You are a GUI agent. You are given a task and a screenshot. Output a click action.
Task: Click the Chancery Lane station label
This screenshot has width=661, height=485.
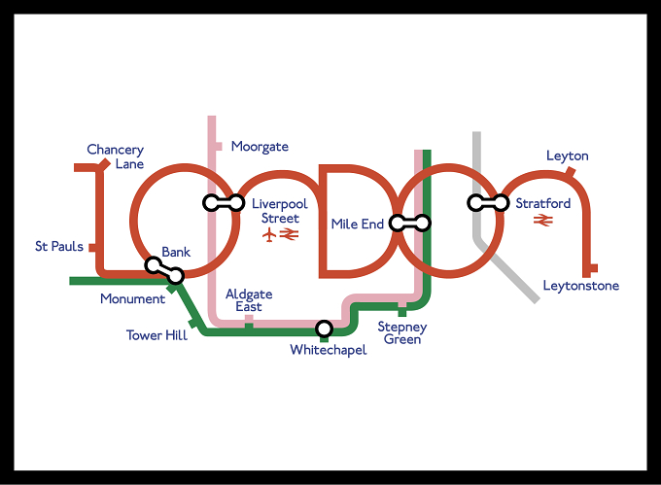[116, 156]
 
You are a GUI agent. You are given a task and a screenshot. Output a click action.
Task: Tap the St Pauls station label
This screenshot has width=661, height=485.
[59, 246]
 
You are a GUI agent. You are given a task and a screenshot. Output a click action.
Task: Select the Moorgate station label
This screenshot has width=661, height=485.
[260, 147]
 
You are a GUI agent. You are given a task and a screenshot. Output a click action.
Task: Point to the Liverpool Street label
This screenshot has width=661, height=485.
[280, 211]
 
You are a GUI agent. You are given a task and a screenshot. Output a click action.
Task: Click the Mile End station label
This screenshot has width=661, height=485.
[358, 224]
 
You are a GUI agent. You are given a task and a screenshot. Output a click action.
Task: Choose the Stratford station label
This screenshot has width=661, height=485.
[543, 203]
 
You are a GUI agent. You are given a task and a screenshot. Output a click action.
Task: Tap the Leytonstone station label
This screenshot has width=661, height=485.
[581, 286]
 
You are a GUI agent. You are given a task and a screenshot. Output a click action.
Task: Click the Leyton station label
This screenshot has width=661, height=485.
[568, 156]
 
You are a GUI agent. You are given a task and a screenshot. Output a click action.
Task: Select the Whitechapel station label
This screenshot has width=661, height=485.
[329, 350]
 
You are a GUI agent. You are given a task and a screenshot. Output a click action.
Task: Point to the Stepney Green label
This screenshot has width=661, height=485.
[402, 332]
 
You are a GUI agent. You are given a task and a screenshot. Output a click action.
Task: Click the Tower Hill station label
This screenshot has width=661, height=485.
[157, 335]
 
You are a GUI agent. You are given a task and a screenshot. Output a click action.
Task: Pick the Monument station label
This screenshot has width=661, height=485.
[132, 298]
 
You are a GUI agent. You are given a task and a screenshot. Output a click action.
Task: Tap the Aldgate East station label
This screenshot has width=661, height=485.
[249, 300]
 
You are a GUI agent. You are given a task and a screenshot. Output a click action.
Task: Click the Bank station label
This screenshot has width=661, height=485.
[176, 252]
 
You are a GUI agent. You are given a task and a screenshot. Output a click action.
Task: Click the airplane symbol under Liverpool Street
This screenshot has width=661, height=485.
[269, 234]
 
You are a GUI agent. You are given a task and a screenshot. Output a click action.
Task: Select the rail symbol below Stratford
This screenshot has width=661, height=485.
[543, 220]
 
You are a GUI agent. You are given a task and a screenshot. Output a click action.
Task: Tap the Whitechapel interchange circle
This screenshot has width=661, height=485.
[324, 329]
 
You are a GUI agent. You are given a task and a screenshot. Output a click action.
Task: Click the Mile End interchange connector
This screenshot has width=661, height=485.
[410, 223]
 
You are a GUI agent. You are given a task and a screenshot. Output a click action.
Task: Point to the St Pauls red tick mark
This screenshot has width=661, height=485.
[92, 247]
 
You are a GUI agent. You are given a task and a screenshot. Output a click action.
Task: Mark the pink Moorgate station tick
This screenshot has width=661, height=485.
[219, 147]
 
